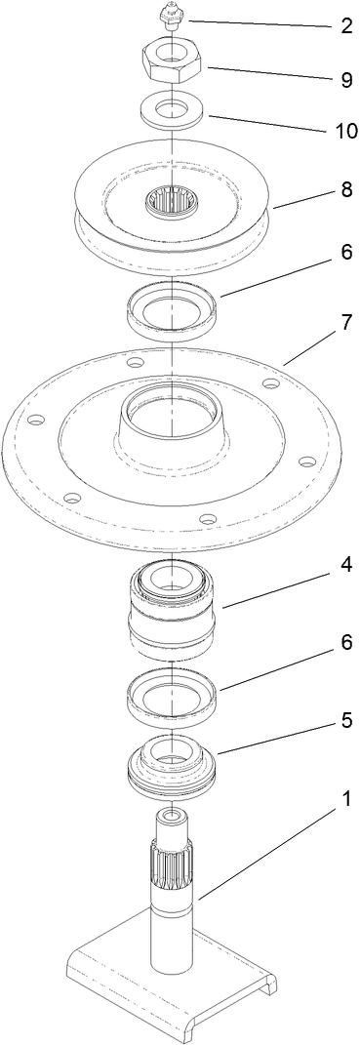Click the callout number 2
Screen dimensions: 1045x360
click(345, 26)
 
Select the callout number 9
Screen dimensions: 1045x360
click(345, 80)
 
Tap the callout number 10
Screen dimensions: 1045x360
click(346, 131)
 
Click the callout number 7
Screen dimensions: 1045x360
click(345, 321)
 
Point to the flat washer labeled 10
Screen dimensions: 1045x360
click(172, 109)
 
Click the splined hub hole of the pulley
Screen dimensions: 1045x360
click(171, 204)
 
